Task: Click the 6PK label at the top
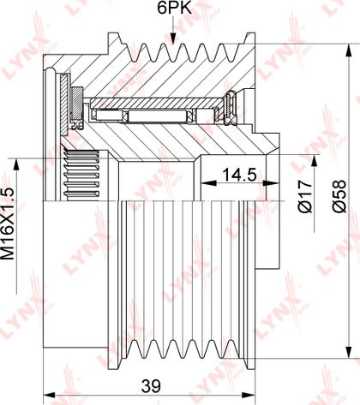click(x=174, y=9)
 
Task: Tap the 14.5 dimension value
click(x=239, y=175)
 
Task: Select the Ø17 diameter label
click(x=305, y=196)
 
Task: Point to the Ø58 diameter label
click(x=339, y=196)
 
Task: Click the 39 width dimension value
click(x=151, y=386)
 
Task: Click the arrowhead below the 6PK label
click(x=173, y=39)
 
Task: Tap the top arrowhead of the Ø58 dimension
click(x=349, y=51)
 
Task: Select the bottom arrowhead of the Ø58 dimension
click(x=349, y=352)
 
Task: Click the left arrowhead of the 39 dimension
click(x=49, y=396)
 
